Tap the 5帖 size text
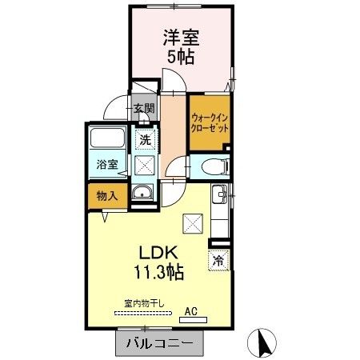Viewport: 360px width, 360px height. click(182, 58)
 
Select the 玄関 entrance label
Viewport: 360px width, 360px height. click(144, 109)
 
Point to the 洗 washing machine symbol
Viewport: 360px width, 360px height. click(145, 139)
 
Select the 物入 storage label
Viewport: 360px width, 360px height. click(108, 194)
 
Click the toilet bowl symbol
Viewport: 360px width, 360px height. click(213, 167)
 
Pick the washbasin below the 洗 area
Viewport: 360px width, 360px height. click(143, 193)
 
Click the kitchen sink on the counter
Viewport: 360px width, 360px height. click(218, 193)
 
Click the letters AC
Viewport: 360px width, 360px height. click(191, 309)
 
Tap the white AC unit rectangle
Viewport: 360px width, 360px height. click(193, 319)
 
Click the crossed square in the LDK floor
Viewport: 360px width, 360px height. click(193, 223)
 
